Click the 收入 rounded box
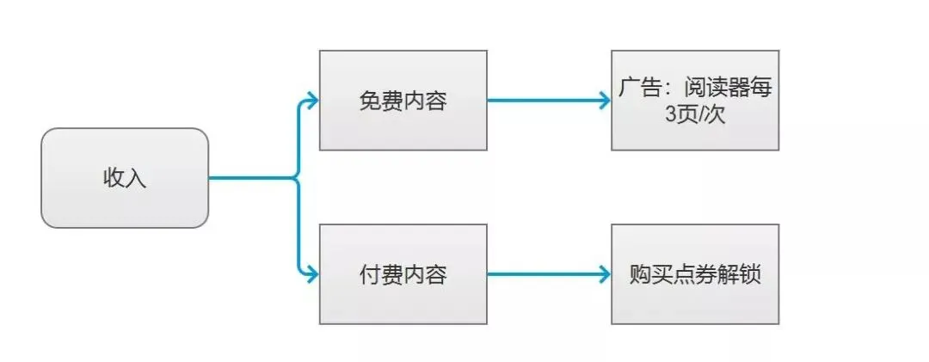pos(125,178)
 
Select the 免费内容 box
pos(403,100)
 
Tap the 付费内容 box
pos(403,274)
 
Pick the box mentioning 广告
pos(695,100)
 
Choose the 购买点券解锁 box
pos(695,274)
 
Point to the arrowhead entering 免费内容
pos(312,100)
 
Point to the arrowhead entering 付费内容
pos(312,275)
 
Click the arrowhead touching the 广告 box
pos(604,100)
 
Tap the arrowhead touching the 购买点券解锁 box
pos(604,275)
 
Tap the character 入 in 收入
pos(137,179)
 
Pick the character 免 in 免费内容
pos(370,101)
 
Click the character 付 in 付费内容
pos(370,275)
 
